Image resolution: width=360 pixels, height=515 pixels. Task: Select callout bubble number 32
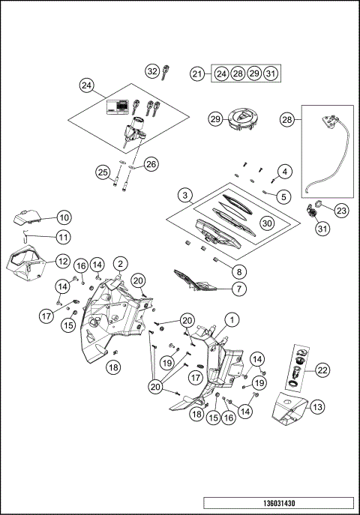pyautogui.click(x=153, y=71)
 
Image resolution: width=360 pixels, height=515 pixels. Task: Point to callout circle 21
pyautogui.click(x=197, y=73)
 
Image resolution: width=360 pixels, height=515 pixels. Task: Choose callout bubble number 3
pyautogui.click(x=184, y=196)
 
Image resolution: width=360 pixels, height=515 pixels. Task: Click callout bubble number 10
pyautogui.click(x=64, y=217)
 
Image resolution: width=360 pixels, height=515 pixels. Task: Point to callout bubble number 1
pyautogui.click(x=233, y=319)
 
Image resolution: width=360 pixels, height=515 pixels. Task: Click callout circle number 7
pyautogui.click(x=239, y=288)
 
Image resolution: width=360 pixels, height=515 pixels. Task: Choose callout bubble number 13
pyautogui.click(x=316, y=406)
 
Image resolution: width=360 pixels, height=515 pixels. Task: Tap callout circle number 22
pyautogui.click(x=323, y=370)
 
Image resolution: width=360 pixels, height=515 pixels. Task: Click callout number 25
pyautogui.click(x=103, y=172)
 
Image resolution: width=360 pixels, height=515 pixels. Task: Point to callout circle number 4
pyautogui.click(x=283, y=172)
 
